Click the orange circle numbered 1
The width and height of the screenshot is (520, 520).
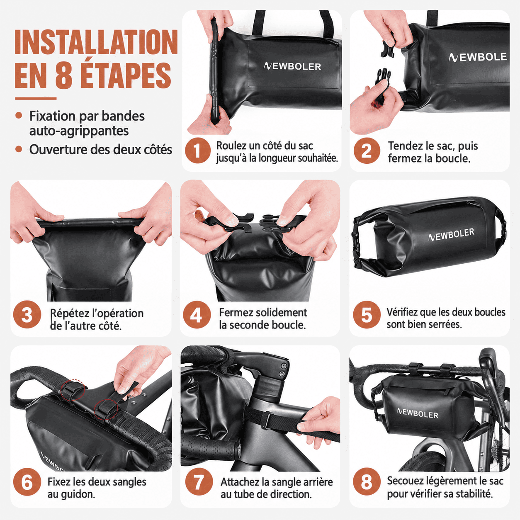(x=197, y=151)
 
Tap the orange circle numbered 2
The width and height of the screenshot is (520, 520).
(x=367, y=151)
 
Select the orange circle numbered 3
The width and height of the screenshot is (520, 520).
(x=27, y=315)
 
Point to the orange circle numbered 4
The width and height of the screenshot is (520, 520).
(x=197, y=315)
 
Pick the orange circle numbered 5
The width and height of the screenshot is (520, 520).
(x=367, y=315)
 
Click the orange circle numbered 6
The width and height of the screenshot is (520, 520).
(x=27, y=482)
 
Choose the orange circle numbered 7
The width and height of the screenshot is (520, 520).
(x=199, y=482)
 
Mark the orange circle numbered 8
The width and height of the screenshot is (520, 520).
(x=367, y=482)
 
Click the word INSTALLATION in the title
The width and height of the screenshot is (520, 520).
(x=96, y=42)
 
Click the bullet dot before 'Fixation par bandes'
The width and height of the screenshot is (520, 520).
(x=19, y=116)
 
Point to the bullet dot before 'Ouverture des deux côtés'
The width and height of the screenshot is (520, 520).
(x=19, y=149)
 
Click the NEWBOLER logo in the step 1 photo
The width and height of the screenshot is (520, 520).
(x=292, y=66)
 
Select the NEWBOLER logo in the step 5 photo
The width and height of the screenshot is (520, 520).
(x=451, y=234)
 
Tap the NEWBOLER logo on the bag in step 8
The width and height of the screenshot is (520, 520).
(x=418, y=414)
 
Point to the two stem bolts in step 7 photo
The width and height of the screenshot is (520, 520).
(x=282, y=370)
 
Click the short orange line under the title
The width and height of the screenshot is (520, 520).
(x=36, y=99)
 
